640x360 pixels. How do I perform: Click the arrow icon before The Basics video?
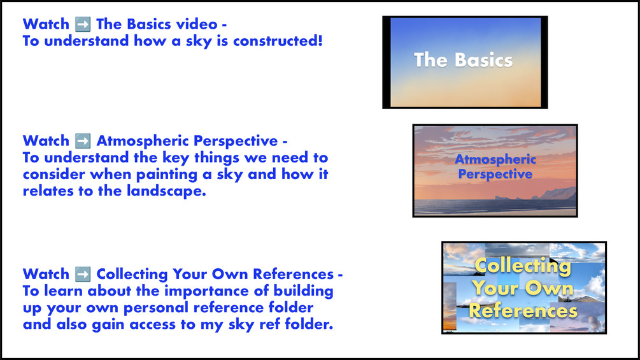point(82,24)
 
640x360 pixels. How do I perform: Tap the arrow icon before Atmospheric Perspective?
point(82,141)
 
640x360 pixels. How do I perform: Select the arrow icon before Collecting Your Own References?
point(82,274)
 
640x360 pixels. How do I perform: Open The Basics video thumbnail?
point(465,62)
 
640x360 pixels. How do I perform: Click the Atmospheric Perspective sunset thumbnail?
point(495,171)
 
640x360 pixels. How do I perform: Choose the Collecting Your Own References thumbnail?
point(524,288)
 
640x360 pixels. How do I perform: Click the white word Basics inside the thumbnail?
point(483,61)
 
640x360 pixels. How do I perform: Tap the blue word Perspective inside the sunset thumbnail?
point(495,175)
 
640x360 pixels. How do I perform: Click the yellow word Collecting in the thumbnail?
point(523,266)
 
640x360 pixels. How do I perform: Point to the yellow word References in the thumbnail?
point(523,311)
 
